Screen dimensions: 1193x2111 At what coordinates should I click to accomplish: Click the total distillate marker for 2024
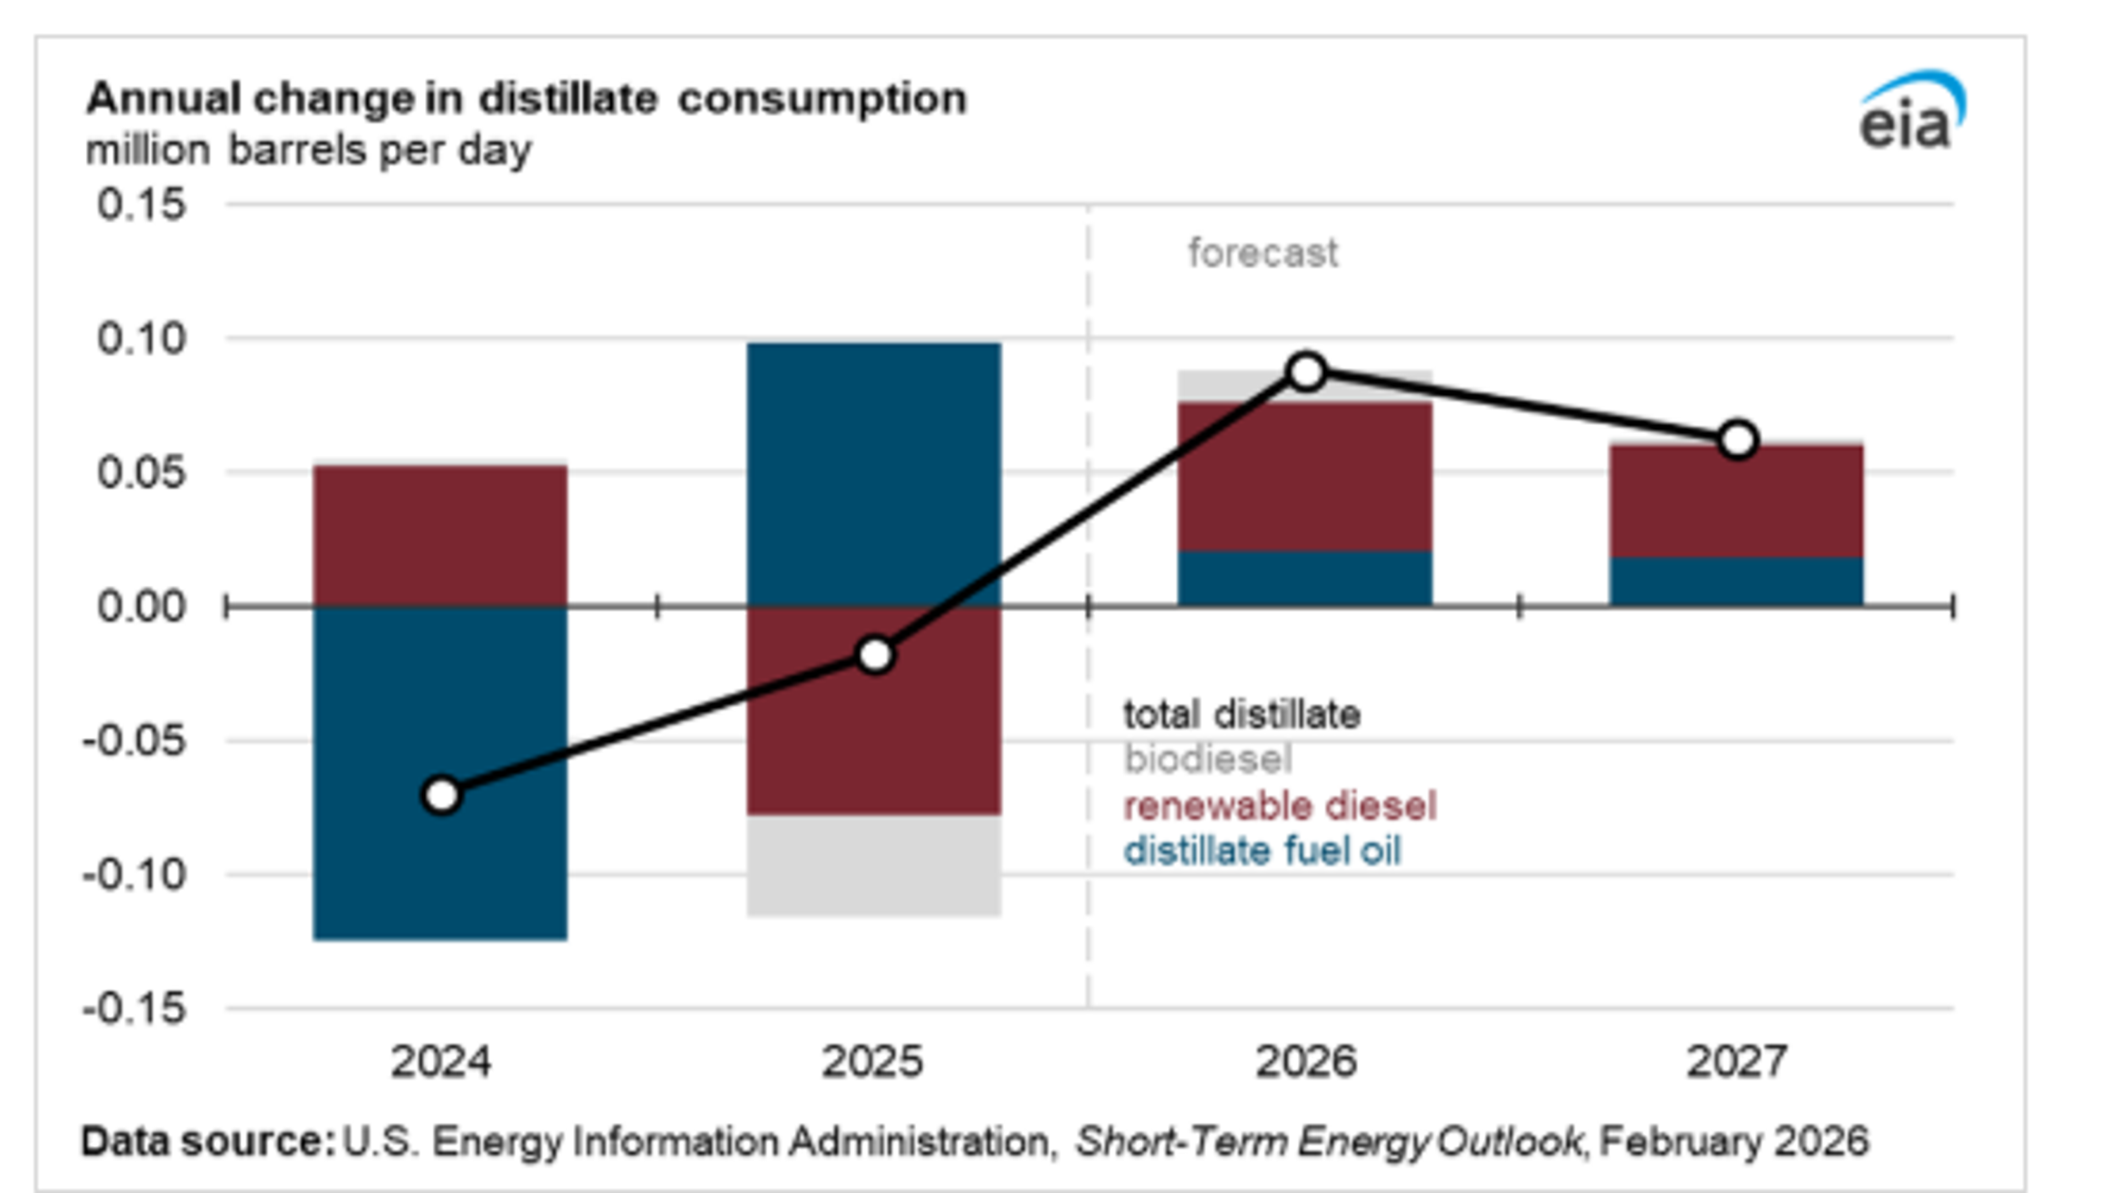(441, 795)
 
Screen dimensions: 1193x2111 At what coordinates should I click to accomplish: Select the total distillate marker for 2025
(875, 655)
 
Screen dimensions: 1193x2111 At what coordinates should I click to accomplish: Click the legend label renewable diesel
(1280, 807)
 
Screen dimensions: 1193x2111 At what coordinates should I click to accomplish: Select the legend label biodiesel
(1208, 760)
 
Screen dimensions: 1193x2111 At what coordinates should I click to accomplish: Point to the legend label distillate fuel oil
(1262, 852)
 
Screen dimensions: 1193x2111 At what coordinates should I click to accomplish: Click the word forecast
(1263, 253)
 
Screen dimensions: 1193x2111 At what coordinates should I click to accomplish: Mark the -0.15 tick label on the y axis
(135, 1009)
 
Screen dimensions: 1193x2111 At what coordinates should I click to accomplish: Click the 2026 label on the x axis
(1306, 1062)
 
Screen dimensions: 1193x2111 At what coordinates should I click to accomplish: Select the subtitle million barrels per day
(308, 151)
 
